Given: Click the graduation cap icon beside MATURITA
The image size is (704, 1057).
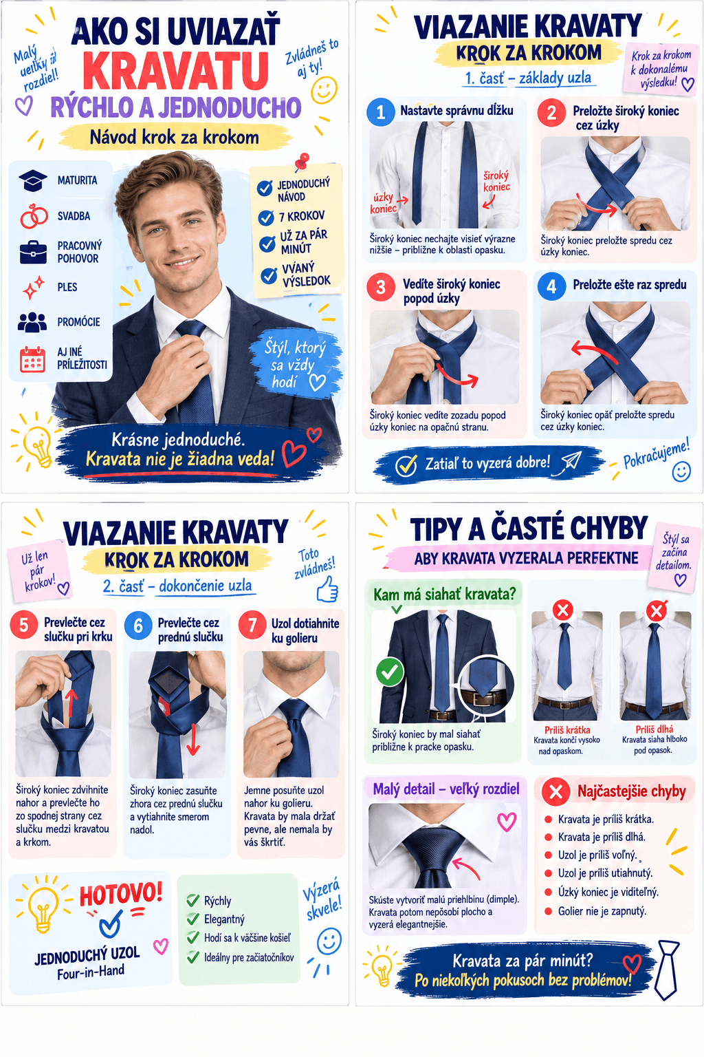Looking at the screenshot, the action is tap(32, 181).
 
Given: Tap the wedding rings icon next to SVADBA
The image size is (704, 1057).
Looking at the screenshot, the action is tap(34, 215).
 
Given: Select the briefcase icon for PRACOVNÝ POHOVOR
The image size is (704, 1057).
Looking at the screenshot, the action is tap(33, 252).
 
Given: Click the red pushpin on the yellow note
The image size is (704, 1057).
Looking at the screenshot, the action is tap(302, 161).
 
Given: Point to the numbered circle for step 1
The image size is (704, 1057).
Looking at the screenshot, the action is tap(380, 112).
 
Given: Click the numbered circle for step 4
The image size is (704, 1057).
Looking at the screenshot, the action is tap(551, 286).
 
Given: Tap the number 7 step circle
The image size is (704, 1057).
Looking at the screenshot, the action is tap(252, 626).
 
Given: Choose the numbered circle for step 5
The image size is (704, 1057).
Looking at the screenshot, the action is tap(23, 626).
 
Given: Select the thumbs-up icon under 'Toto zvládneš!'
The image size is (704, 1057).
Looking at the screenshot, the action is tap(328, 589).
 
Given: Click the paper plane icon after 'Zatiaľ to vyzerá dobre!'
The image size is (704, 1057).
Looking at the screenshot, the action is tap(571, 461).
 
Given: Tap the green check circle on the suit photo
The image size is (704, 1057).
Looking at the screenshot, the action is tap(390, 672).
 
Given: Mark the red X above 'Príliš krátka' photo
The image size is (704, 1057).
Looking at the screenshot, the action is tap(562, 610).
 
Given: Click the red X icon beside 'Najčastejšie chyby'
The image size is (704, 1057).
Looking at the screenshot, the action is tap(555, 791).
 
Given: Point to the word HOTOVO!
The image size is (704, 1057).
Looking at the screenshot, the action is tap(121, 893).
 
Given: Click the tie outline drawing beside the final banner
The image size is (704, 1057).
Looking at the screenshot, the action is tap(667, 970).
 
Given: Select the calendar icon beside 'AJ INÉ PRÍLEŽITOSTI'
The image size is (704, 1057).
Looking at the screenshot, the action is tap(32, 359).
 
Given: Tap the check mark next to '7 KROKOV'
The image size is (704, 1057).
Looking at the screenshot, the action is tap(267, 217).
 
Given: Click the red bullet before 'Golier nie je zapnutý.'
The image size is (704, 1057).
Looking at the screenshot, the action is tap(548, 910).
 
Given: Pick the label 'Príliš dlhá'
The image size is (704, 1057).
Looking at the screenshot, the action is tap(654, 729).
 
